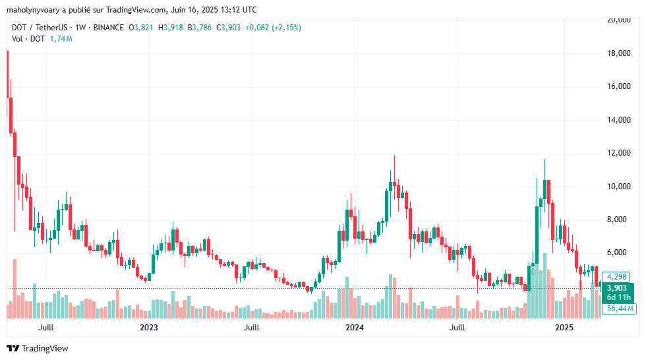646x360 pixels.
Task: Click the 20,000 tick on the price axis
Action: coord(620,20)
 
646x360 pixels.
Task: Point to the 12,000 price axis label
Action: coord(620,153)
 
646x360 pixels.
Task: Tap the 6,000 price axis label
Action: coord(620,253)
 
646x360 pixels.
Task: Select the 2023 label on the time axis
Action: coord(149,328)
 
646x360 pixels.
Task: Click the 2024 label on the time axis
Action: coord(355,328)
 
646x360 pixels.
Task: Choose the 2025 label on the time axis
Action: coord(564,328)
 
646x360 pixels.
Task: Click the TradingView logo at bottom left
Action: coord(38,348)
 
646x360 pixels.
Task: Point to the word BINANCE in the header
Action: coord(109,27)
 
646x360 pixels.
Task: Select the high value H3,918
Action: coord(172,27)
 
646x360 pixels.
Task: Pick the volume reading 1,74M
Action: coord(61,39)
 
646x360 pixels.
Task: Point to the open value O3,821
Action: coord(142,27)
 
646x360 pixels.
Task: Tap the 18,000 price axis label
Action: coord(620,53)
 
